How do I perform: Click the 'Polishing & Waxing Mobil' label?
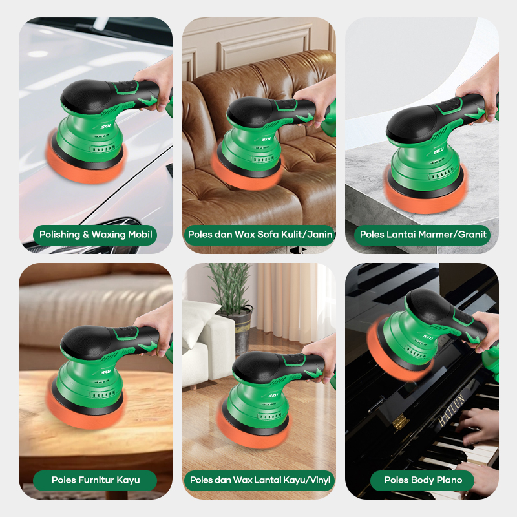tap(96, 235)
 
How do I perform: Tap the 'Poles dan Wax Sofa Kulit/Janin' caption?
tap(260, 235)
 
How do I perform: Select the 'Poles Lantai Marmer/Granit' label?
tap(423, 235)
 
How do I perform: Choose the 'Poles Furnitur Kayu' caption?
tap(96, 480)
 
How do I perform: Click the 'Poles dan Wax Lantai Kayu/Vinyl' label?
tap(260, 480)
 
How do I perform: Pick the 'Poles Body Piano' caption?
tap(423, 480)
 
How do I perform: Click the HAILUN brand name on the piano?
tap(451, 410)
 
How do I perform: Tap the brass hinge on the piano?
tap(399, 422)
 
